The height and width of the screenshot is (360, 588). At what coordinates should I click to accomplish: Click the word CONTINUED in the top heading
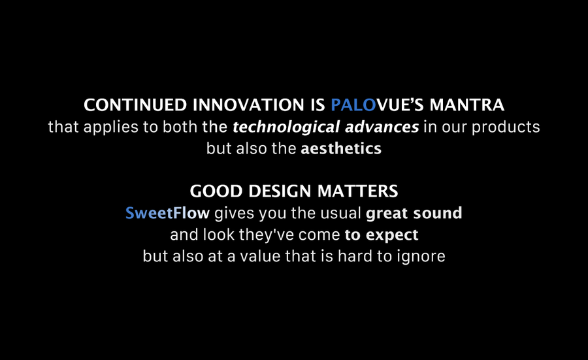point(135,105)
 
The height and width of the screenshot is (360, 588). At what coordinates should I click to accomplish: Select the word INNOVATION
point(248,105)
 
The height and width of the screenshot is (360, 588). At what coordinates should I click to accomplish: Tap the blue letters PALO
point(353,105)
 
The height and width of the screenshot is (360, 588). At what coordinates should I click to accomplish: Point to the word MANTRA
point(467,105)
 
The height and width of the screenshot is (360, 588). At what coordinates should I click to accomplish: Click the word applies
point(111,128)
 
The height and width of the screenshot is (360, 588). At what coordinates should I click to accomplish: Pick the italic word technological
point(286,128)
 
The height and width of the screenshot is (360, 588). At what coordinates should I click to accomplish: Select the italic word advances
point(382,127)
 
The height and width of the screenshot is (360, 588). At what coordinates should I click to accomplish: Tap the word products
point(506,128)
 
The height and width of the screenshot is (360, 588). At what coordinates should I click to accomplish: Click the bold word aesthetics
point(341,149)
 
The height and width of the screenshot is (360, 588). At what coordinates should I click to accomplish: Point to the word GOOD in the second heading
point(217,191)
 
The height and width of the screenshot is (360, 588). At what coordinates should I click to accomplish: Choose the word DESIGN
point(280,191)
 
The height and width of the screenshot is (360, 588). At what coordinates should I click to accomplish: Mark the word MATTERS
point(358,191)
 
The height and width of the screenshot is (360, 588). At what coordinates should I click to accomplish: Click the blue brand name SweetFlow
point(167,213)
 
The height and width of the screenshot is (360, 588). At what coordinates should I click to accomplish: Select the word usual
point(341,213)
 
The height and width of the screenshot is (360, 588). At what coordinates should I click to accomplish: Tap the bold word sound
point(438,213)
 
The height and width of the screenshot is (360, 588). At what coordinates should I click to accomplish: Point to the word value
point(260,256)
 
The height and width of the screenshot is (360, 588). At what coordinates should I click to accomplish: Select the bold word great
point(387,214)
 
